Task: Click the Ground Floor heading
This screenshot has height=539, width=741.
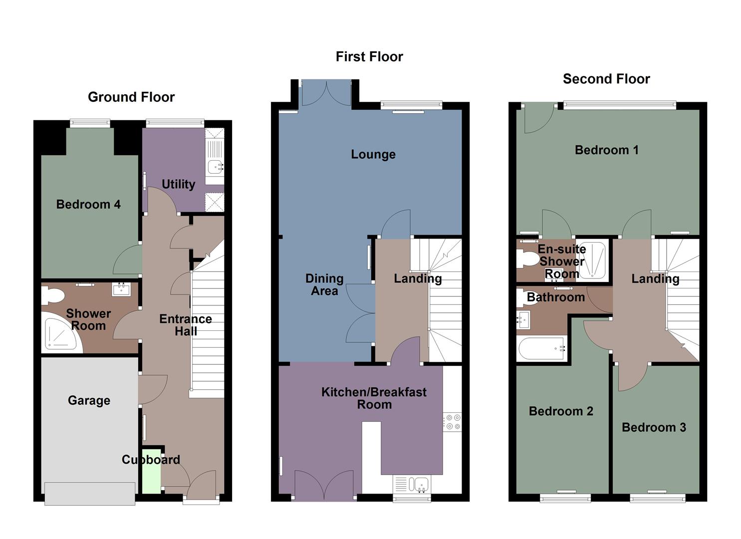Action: pyautogui.click(x=131, y=97)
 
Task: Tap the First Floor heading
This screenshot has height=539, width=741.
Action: pyautogui.click(x=369, y=57)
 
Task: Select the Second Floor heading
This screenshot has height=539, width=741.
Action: pyautogui.click(x=606, y=79)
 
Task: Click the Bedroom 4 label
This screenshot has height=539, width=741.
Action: pyautogui.click(x=88, y=204)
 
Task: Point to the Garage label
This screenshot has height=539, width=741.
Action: pyautogui.click(x=89, y=400)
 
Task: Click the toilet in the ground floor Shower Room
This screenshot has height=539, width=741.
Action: pyautogui.click(x=53, y=296)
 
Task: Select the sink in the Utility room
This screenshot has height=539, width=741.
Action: pyautogui.click(x=216, y=166)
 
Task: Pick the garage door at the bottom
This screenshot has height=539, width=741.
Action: pyautogui.click(x=90, y=493)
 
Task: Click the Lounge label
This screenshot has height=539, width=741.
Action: pyautogui.click(x=373, y=154)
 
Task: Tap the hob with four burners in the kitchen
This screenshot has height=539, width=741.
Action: pyautogui.click(x=452, y=422)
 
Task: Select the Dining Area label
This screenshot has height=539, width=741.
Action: pyautogui.click(x=324, y=284)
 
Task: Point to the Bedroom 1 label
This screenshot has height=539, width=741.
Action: pyautogui.click(x=606, y=150)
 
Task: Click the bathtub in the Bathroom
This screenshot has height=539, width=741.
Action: pyautogui.click(x=542, y=348)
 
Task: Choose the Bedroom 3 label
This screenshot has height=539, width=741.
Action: pyautogui.click(x=654, y=427)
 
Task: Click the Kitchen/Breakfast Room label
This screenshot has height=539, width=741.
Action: pyautogui.click(x=374, y=398)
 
